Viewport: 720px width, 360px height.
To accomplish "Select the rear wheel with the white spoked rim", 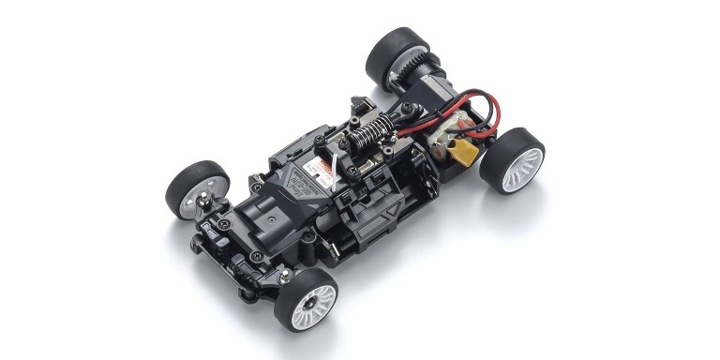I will [514, 162].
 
